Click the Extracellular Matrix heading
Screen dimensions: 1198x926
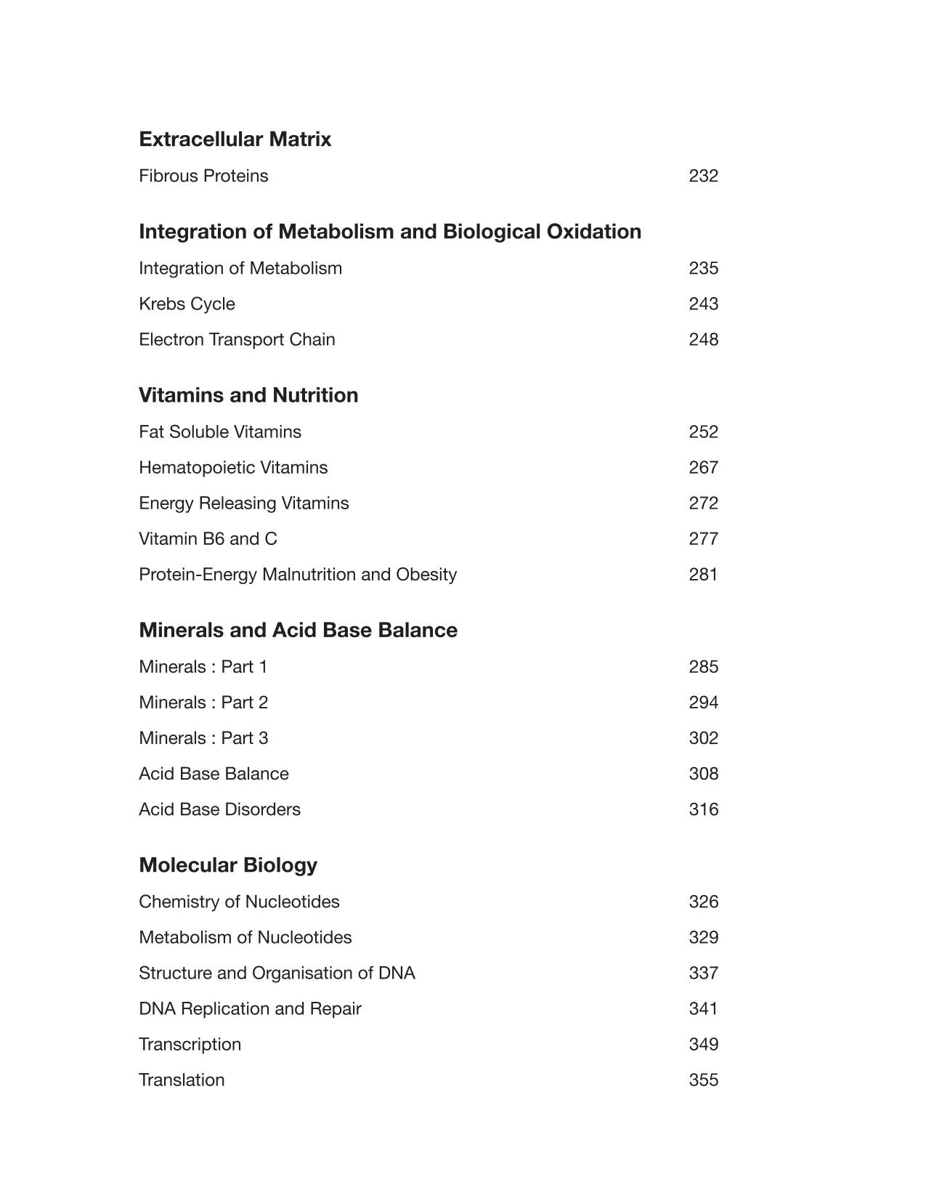tap(235, 139)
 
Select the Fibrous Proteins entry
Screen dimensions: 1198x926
tap(203, 176)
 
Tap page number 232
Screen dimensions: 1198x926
tap(703, 176)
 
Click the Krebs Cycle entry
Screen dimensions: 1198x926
tap(187, 304)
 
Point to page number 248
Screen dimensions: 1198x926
tap(703, 339)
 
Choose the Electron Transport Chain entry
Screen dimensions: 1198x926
tap(237, 339)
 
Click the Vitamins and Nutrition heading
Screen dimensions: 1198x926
tap(248, 395)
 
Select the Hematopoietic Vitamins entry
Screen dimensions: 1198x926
tap(233, 467)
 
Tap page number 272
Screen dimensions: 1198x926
tap(703, 503)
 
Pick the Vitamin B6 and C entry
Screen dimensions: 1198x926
tap(208, 538)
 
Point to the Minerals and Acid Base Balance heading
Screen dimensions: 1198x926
tap(298, 630)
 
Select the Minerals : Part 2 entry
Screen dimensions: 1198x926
tap(203, 703)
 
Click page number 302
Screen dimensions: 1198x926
tap(703, 738)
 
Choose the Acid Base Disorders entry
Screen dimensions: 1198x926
tap(219, 809)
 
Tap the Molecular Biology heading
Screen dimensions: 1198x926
tap(228, 865)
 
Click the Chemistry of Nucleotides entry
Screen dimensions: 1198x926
tap(239, 902)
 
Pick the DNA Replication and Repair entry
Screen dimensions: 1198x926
tap(250, 1008)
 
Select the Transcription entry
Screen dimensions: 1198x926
tap(190, 1044)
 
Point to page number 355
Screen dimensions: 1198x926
tap(703, 1080)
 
